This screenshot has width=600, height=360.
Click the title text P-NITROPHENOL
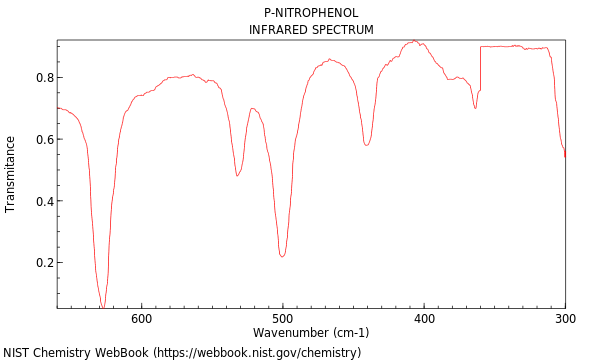point(311,13)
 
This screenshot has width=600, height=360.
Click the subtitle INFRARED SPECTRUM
point(311,30)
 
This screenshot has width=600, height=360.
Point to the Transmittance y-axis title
point(11,174)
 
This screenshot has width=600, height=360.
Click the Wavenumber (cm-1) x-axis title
point(311,333)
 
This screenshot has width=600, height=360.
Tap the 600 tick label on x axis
point(142,319)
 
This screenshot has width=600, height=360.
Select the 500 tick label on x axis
point(283,319)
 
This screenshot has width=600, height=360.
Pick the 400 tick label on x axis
point(424,319)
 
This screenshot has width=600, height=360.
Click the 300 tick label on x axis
point(565,319)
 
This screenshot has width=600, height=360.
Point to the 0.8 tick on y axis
point(42,78)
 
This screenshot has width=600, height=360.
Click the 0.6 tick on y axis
point(42,140)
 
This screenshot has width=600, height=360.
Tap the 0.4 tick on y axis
point(42,201)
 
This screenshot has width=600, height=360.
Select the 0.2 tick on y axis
point(42,263)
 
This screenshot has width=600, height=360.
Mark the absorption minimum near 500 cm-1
point(283,256)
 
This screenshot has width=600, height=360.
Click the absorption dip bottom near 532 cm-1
point(237,175)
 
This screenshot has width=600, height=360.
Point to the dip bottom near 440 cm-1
point(367,145)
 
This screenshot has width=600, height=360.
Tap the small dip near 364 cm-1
point(475,107)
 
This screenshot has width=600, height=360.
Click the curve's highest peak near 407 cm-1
point(414,41)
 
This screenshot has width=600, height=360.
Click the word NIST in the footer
point(18,353)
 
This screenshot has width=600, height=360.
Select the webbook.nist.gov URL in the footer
point(262,353)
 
